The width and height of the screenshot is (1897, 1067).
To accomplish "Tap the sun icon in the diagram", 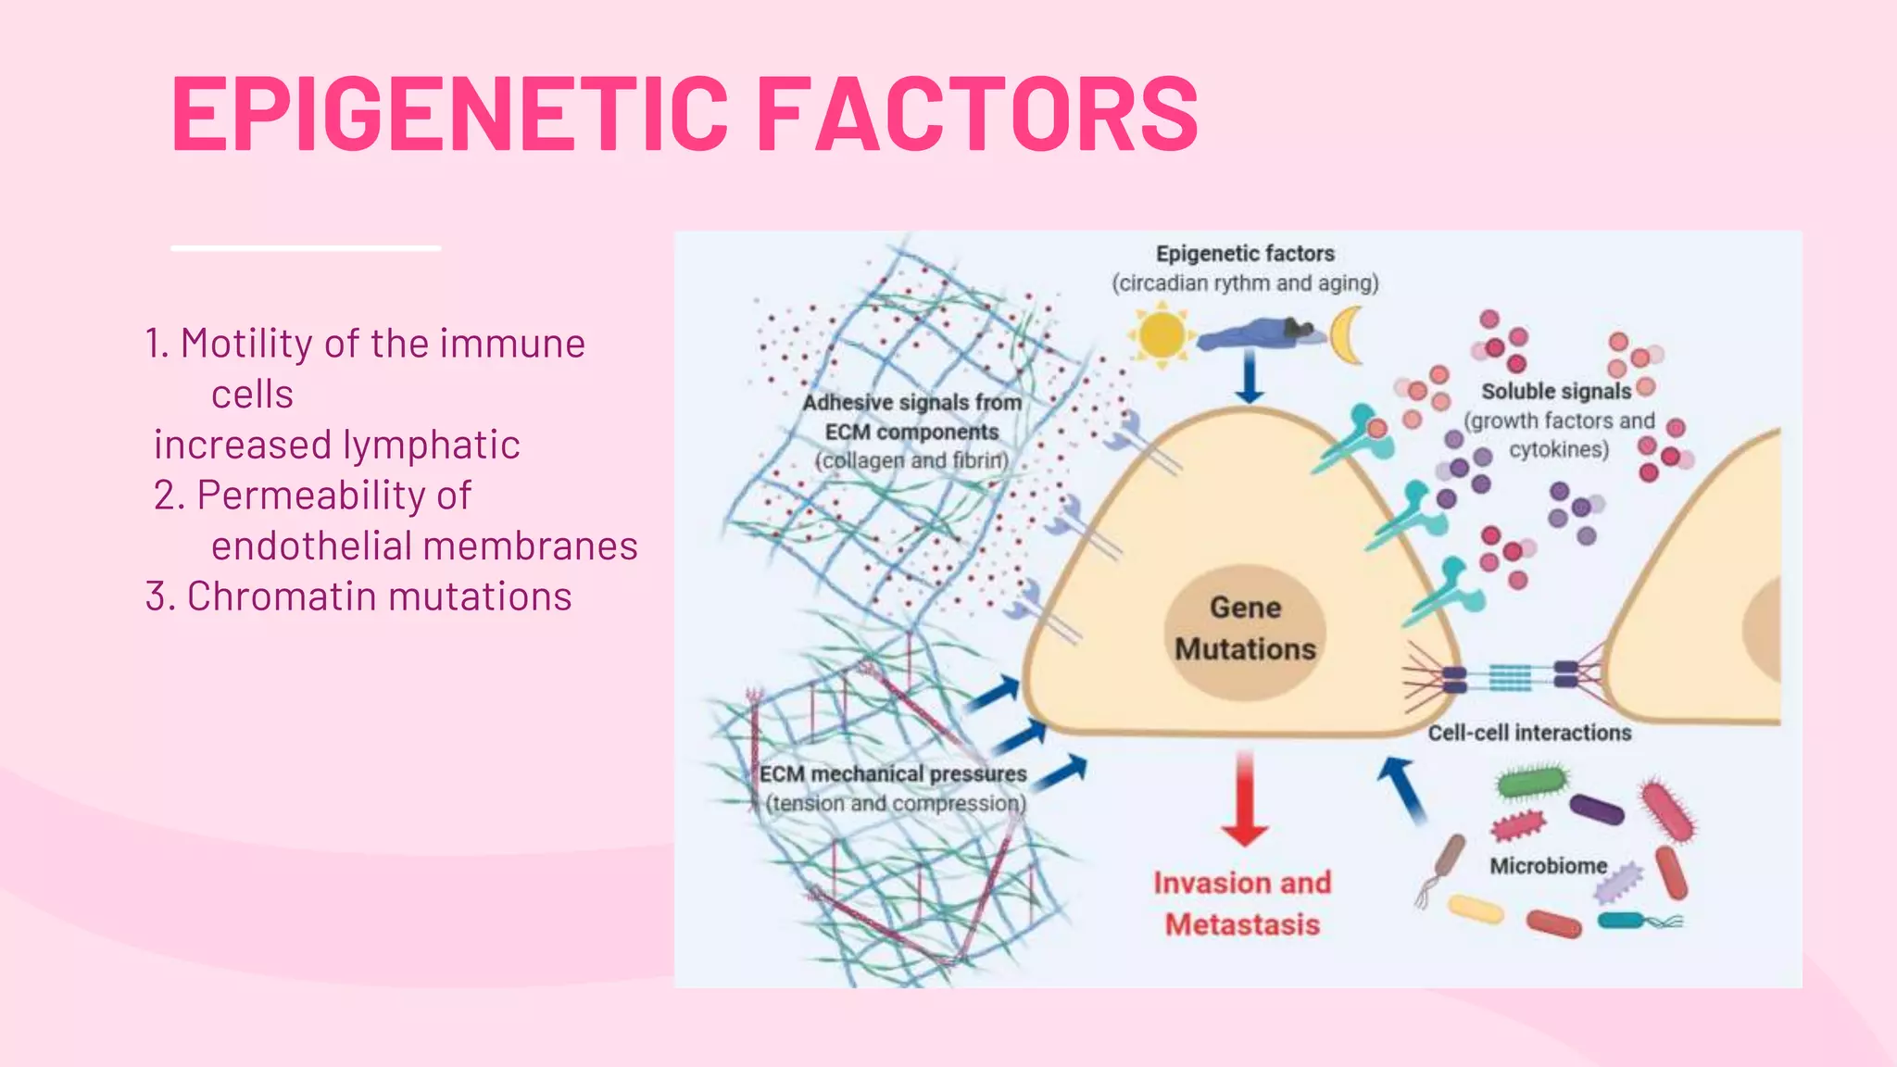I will (x=1162, y=335).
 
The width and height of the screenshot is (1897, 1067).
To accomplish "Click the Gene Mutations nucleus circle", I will (x=1245, y=630).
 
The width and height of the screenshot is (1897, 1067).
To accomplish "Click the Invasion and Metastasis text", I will (x=1242, y=903).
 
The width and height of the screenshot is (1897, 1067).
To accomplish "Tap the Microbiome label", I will (x=1548, y=866).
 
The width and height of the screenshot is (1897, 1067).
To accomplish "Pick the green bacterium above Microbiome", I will (x=1533, y=782).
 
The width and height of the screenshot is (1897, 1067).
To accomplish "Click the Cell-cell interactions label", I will (x=1529, y=733).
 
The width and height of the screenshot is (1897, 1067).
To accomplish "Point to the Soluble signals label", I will (x=1556, y=392).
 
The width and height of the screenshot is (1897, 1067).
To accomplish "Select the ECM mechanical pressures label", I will (x=893, y=774).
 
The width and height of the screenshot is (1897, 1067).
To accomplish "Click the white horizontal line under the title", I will (x=306, y=248).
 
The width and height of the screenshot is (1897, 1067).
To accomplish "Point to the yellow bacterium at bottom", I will (x=1476, y=909).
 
